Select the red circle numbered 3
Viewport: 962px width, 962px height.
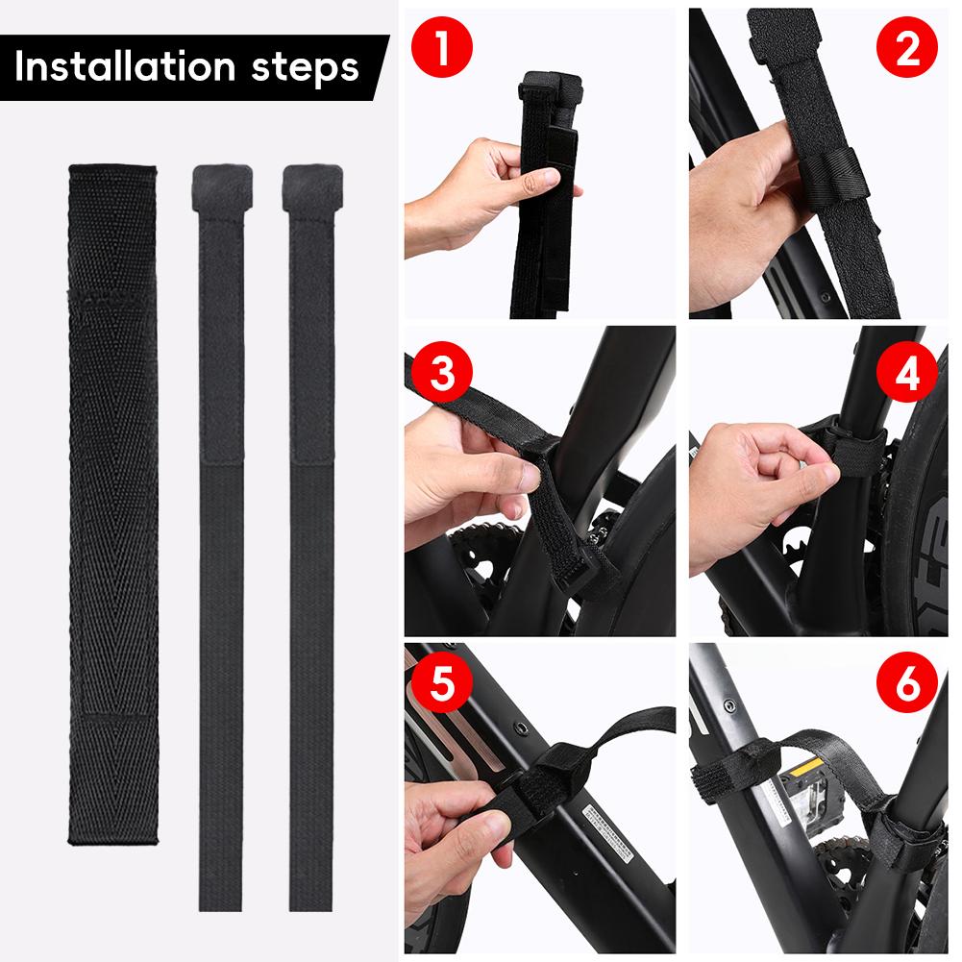[x=440, y=373]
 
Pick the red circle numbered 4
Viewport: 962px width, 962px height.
[x=907, y=373]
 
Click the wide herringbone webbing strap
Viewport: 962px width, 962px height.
[x=112, y=500]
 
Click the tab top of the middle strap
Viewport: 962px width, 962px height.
[x=223, y=185]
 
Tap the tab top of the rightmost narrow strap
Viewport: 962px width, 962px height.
[x=312, y=185]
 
